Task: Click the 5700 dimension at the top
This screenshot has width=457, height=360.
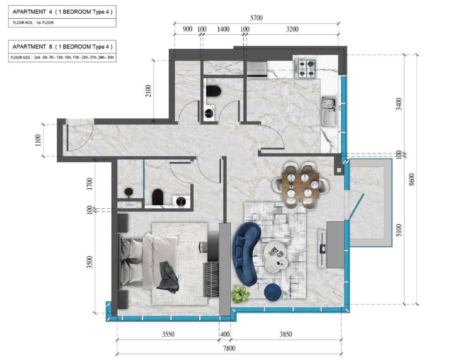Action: pos(256,18)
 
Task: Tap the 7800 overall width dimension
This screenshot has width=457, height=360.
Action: pos(229,348)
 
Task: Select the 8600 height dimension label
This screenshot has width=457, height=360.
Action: pos(411,180)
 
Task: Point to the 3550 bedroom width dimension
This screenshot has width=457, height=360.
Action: pos(168,334)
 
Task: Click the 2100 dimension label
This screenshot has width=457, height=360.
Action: pos(148,91)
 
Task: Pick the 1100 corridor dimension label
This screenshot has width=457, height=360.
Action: pos(38,140)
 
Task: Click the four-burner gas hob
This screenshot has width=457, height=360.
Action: pos(305,68)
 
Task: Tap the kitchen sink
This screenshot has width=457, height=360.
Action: pos(329,112)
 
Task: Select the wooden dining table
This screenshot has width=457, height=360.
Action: pos(301,186)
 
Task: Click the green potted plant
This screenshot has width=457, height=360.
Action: pos(240,293)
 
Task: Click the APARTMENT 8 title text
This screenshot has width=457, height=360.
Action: pos(62,46)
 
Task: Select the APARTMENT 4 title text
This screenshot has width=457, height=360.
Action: pos(62,12)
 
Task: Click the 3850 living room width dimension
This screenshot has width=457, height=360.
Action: pos(286,334)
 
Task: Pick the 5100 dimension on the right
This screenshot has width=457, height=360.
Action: pos(399,230)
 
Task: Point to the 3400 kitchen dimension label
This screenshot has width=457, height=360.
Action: pos(399,104)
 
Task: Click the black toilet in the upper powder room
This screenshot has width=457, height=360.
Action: pos(213,91)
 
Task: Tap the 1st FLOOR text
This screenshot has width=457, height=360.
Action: pos(45,23)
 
